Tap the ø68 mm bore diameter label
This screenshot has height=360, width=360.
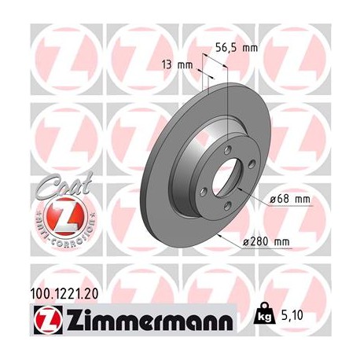[x=288, y=200]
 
